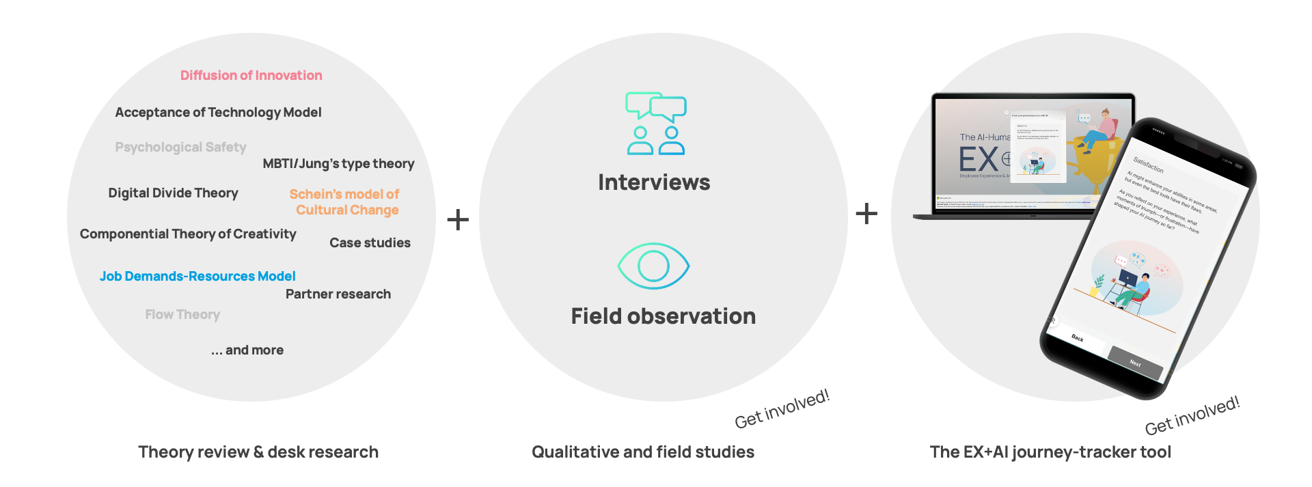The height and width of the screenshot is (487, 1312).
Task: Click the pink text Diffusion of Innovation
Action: pos(251,75)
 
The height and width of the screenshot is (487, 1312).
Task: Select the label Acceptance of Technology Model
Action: pos(218,112)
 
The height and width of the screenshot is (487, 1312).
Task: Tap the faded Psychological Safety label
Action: pos(180,147)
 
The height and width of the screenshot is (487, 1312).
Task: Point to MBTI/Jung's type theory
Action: pos(338,163)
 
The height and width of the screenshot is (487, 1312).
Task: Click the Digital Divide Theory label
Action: pos(173,193)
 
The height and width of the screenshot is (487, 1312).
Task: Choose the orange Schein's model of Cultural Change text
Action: pos(345,202)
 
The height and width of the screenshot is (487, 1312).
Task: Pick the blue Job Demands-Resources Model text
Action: pos(197,276)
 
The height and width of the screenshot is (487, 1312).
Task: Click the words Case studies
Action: pos(370,242)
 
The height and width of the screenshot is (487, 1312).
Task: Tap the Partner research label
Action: pos(338,294)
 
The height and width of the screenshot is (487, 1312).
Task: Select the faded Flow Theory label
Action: pos(182,314)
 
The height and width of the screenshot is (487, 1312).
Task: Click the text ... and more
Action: pos(247,350)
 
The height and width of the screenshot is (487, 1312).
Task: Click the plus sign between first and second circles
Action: pos(458,219)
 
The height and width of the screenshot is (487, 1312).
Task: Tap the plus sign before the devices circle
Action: pos(866,214)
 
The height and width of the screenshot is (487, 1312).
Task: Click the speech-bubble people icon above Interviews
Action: pos(656,124)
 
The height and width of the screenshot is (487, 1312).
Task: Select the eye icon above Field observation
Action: pos(653,266)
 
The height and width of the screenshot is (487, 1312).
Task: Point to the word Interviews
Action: pos(654,182)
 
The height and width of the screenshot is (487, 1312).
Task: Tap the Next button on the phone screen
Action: pos(1135,363)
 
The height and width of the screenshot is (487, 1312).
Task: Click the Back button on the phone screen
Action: pos(1078,338)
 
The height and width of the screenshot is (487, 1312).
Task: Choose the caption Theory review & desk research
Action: pos(258,451)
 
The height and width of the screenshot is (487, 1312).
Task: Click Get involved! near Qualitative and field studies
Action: pos(782,409)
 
